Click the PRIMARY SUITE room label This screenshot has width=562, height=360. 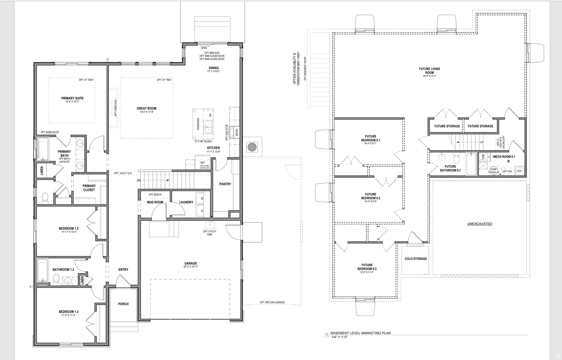pyautogui.click(x=72, y=98)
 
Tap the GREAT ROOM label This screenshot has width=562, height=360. pyautogui.click(x=146, y=108)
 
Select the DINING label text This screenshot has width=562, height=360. pyautogui.click(x=214, y=68)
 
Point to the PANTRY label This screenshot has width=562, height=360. pyautogui.click(x=225, y=184)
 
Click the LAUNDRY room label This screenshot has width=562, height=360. pyautogui.click(x=186, y=202)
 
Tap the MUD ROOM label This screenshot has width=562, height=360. pyautogui.click(x=155, y=202)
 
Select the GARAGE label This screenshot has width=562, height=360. pyautogui.click(x=191, y=263)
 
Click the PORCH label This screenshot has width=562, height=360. pyautogui.click(x=123, y=304)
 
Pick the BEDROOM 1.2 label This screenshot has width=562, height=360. pyautogui.click(x=69, y=229)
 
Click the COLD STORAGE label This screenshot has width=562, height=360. pyautogui.click(x=415, y=259)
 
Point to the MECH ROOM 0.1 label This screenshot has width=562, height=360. pyautogui.click(x=504, y=157)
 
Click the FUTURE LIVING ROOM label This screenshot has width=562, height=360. pyautogui.click(x=429, y=70)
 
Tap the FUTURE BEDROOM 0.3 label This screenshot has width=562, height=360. pyautogui.click(x=367, y=267)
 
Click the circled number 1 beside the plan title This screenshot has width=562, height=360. pyautogui.click(x=326, y=334)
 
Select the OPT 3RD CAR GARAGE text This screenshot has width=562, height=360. pyautogui.click(x=272, y=302)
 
